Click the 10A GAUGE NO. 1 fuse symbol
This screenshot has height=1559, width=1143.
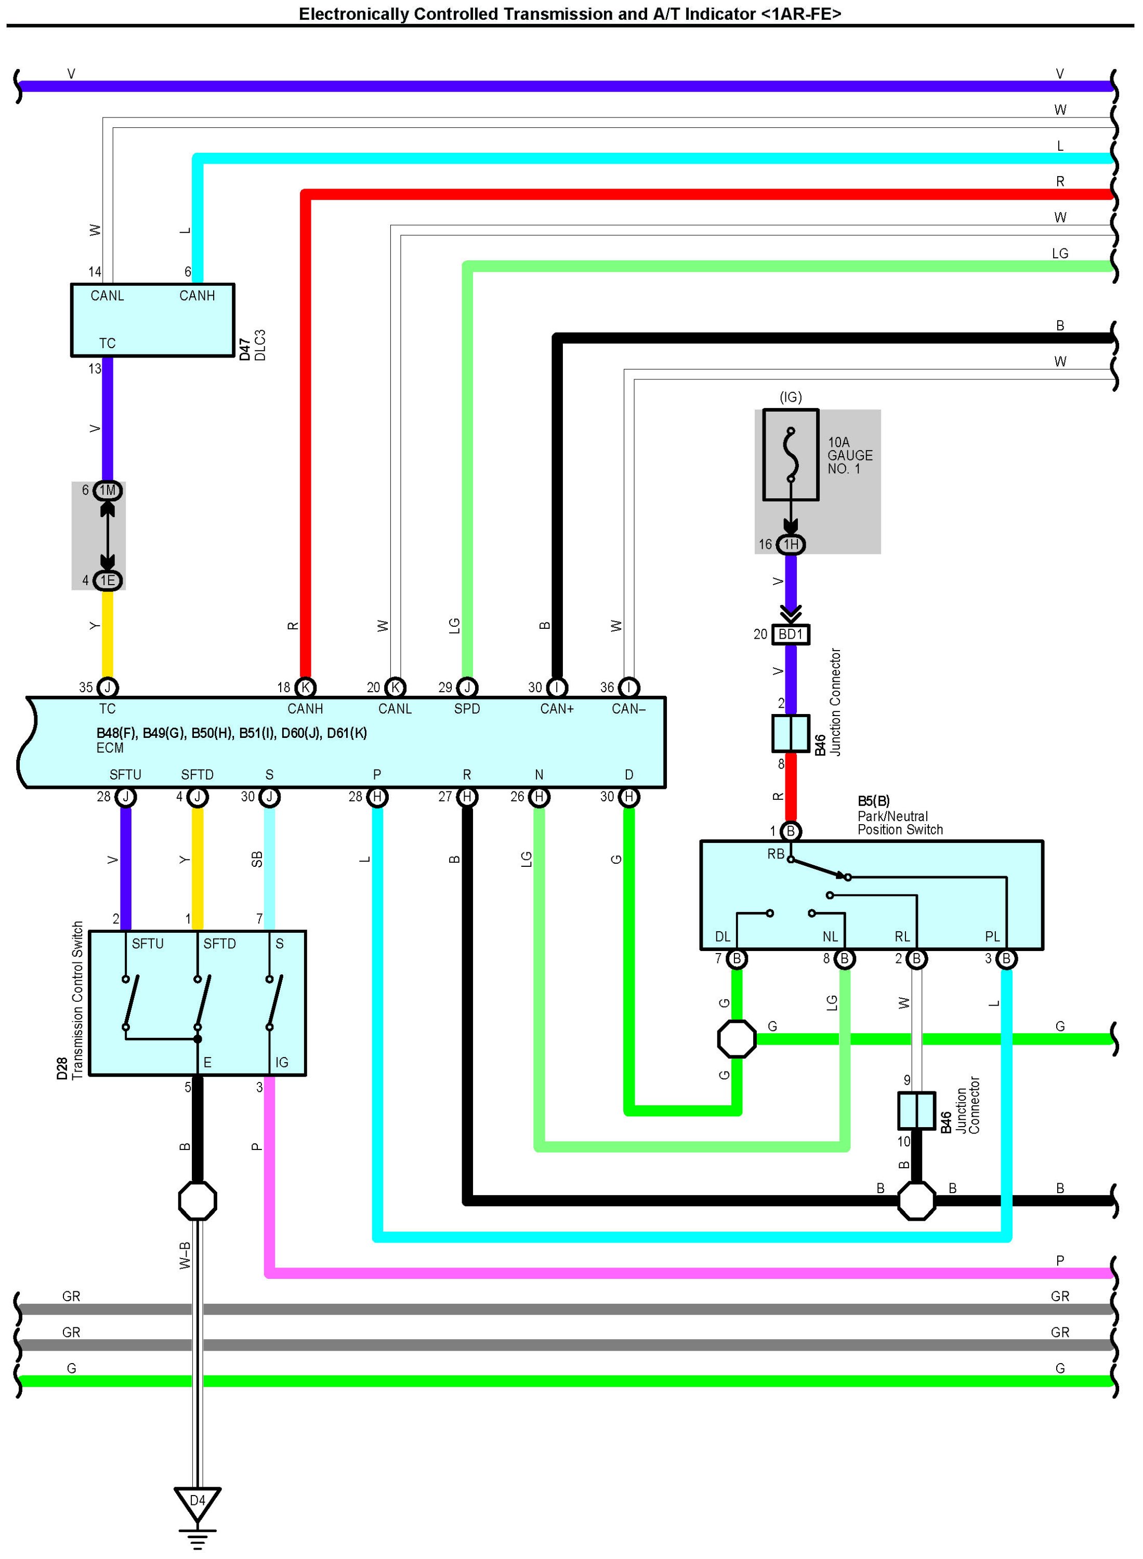[790, 454]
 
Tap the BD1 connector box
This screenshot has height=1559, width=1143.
[790, 634]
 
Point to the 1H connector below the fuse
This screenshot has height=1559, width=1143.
[790, 544]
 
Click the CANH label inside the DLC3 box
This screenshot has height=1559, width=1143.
[197, 296]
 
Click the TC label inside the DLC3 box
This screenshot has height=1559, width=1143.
[107, 343]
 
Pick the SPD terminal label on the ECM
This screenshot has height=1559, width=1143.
[467, 709]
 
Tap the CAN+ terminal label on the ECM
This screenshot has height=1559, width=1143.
[557, 709]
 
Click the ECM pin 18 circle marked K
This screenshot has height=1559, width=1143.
[305, 688]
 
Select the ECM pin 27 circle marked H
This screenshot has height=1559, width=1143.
[467, 797]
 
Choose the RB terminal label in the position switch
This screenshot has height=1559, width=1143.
[776, 854]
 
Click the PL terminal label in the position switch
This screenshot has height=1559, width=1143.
[992, 937]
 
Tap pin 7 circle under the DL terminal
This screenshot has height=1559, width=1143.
[737, 959]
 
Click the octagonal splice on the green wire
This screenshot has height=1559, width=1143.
[737, 1039]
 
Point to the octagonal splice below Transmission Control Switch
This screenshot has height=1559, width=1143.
[197, 1201]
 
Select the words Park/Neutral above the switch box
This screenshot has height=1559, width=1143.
[892, 816]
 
